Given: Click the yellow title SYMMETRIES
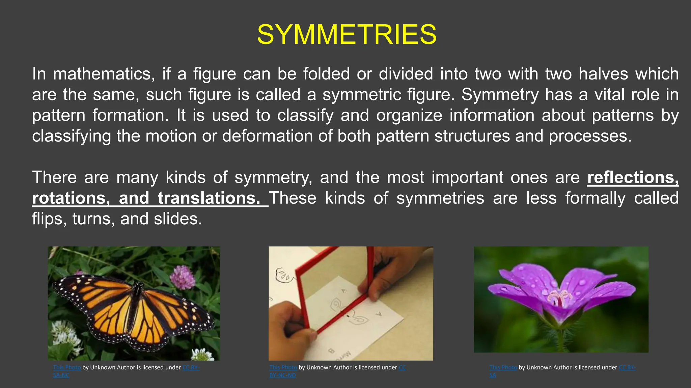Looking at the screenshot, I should click(347, 35).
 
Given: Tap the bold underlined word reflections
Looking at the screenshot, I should click(633, 177).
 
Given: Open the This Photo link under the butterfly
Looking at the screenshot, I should click(67, 367).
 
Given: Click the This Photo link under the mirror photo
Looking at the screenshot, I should click(283, 367).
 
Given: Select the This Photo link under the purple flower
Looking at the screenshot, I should click(503, 367).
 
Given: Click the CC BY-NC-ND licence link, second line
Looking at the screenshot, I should click(282, 375).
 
